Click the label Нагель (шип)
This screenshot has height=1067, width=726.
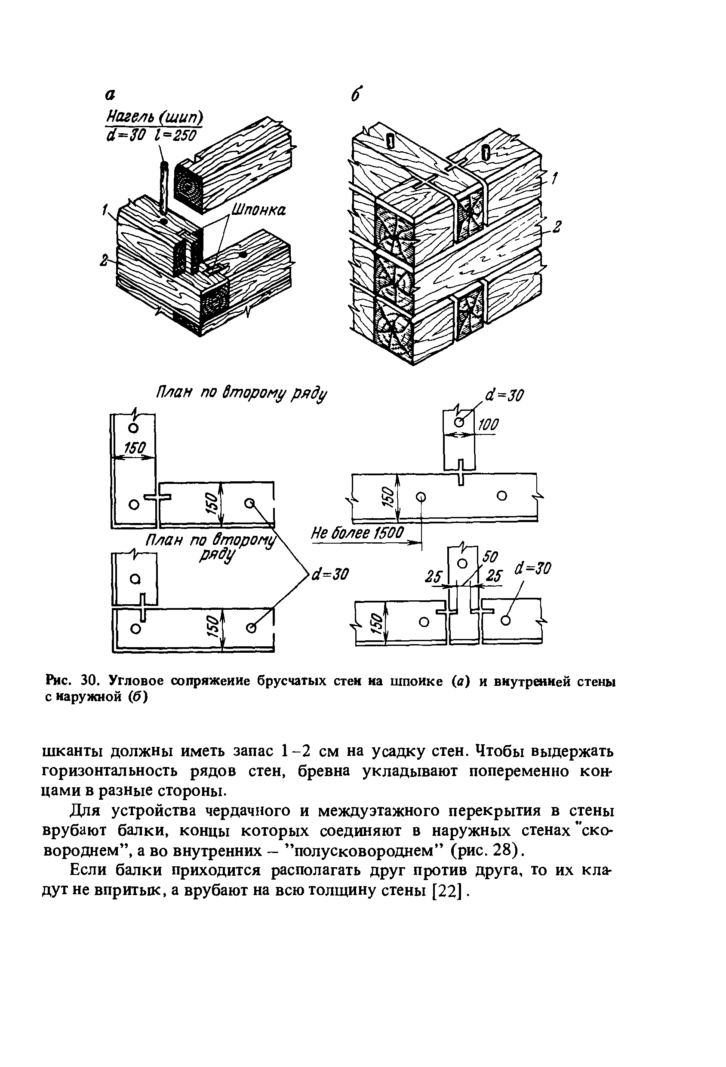pyautogui.click(x=154, y=118)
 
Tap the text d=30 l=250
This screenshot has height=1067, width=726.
pyautogui.click(x=151, y=135)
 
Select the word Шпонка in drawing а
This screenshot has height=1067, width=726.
pyautogui.click(x=258, y=210)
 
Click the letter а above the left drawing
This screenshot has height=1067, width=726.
pyautogui.click(x=110, y=95)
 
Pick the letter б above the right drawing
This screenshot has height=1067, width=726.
pyautogui.click(x=354, y=95)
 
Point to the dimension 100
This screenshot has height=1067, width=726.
pyautogui.click(x=488, y=424)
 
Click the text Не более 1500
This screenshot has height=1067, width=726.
pyautogui.click(x=357, y=534)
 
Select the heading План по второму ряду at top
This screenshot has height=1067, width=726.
pyautogui.click(x=241, y=394)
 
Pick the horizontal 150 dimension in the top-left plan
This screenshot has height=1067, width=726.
pyautogui.click(x=135, y=448)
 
